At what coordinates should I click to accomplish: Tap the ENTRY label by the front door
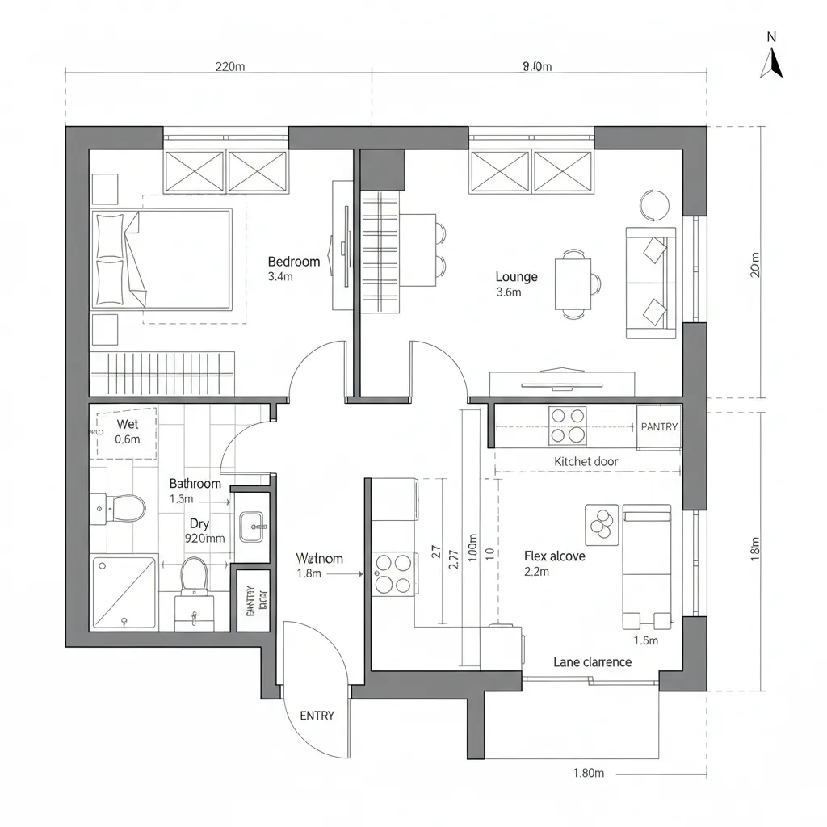coord(317,716)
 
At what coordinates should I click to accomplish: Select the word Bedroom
coord(293,262)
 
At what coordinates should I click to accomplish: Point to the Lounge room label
coord(516,277)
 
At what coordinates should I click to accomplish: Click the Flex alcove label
coord(554,556)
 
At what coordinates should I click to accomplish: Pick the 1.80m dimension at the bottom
coord(588,773)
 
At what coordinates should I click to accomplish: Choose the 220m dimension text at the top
coord(230,67)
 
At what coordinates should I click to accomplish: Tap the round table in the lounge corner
coord(654,204)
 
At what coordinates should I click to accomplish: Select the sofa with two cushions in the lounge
coord(651,283)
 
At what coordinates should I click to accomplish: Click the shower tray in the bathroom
coord(124,592)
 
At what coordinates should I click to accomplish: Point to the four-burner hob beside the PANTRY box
coord(567,426)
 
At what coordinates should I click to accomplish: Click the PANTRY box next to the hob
coord(659,426)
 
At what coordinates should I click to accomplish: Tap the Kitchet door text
coord(586,461)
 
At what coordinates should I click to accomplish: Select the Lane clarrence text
coord(592,662)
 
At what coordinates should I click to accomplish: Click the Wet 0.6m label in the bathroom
coord(128,432)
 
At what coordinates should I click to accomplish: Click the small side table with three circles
coord(601,523)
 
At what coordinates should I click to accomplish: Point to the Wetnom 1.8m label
coord(319,565)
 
